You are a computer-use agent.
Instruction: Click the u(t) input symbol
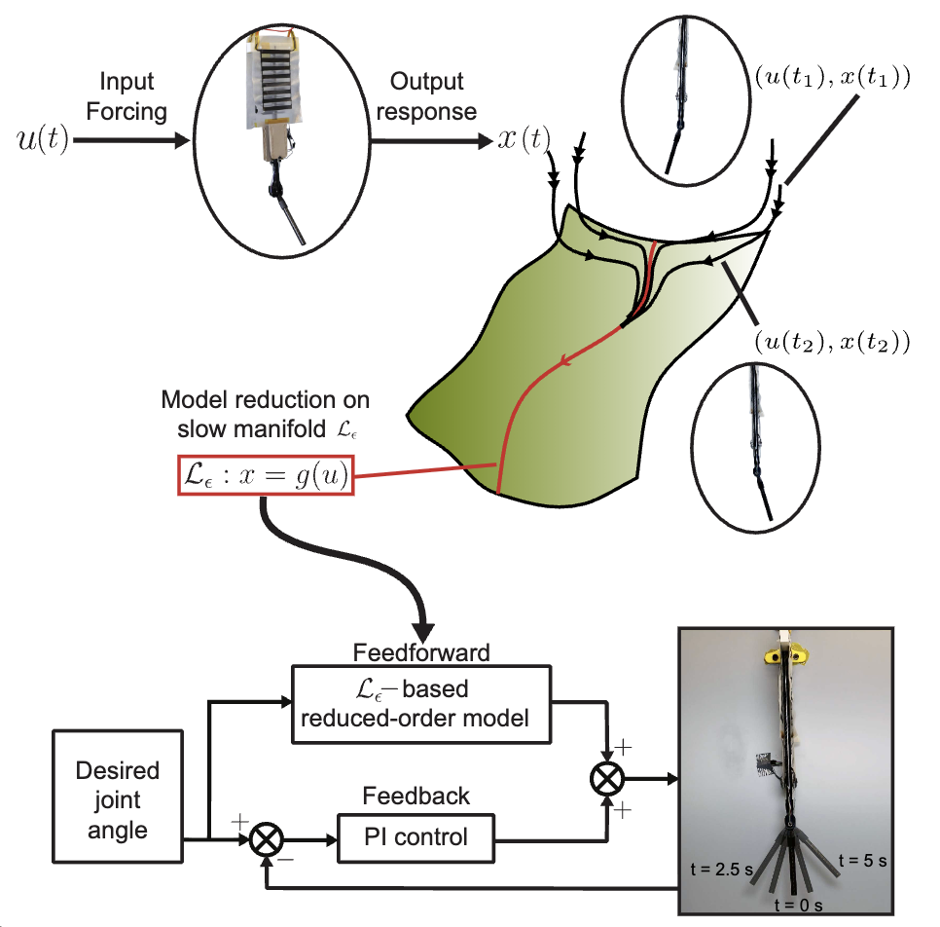[x=40, y=140]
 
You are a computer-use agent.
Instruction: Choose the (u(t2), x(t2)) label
[x=831, y=342]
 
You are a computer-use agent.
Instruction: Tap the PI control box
[x=416, y=836]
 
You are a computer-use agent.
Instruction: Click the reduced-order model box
[x=420, y=704]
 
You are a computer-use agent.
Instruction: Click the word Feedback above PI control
[x=416, y=797]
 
